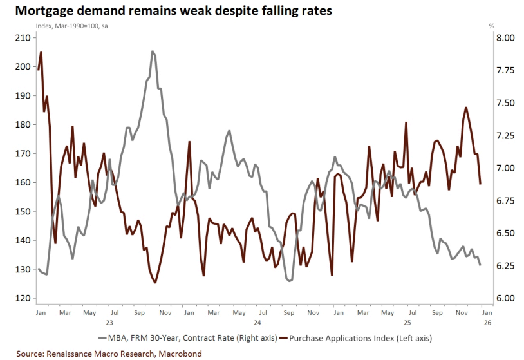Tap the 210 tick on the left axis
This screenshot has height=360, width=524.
[22, 38]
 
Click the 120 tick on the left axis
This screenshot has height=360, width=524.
[22, 298]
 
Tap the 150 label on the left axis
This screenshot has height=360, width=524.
[22, 211]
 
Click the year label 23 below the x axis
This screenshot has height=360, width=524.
[109, 322]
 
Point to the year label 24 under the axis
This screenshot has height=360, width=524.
[257, 322]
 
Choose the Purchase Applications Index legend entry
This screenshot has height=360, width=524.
[360, 337]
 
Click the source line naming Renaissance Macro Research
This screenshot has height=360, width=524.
[109, 354]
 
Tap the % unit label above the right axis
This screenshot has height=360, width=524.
[491, 26]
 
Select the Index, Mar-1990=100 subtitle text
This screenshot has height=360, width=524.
[67, 26]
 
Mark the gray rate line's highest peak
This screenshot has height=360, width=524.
[153, 52]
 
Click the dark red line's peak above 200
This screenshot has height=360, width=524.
[41, 52]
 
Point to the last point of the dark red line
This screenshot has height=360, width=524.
[480, 184]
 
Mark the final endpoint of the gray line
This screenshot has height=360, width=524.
[480, 265]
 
